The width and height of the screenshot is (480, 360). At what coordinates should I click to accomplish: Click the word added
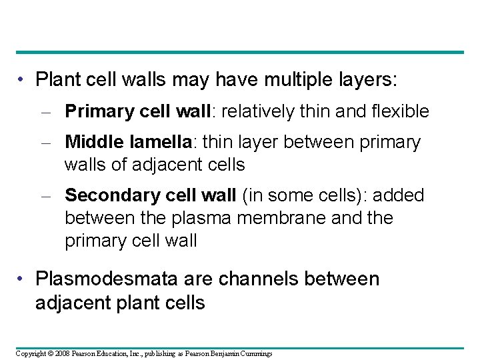click(399, 195)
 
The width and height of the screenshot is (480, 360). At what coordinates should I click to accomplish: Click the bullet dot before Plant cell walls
click(23, 80)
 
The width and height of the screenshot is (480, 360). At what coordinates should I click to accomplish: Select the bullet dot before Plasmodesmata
click(23, 279)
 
